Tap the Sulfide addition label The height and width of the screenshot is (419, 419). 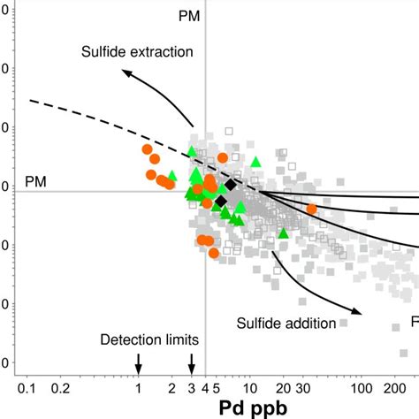(286, 323)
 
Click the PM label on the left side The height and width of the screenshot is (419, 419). (35, 181)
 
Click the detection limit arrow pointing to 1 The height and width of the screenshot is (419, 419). (138, 362)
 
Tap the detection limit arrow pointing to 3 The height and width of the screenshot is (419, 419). (192, 362)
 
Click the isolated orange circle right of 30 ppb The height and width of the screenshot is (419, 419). (311, 209)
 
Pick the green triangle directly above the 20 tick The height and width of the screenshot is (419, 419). (284, 233)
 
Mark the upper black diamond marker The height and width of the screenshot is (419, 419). (230, 185)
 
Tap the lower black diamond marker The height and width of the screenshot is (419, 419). (221, 202)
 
